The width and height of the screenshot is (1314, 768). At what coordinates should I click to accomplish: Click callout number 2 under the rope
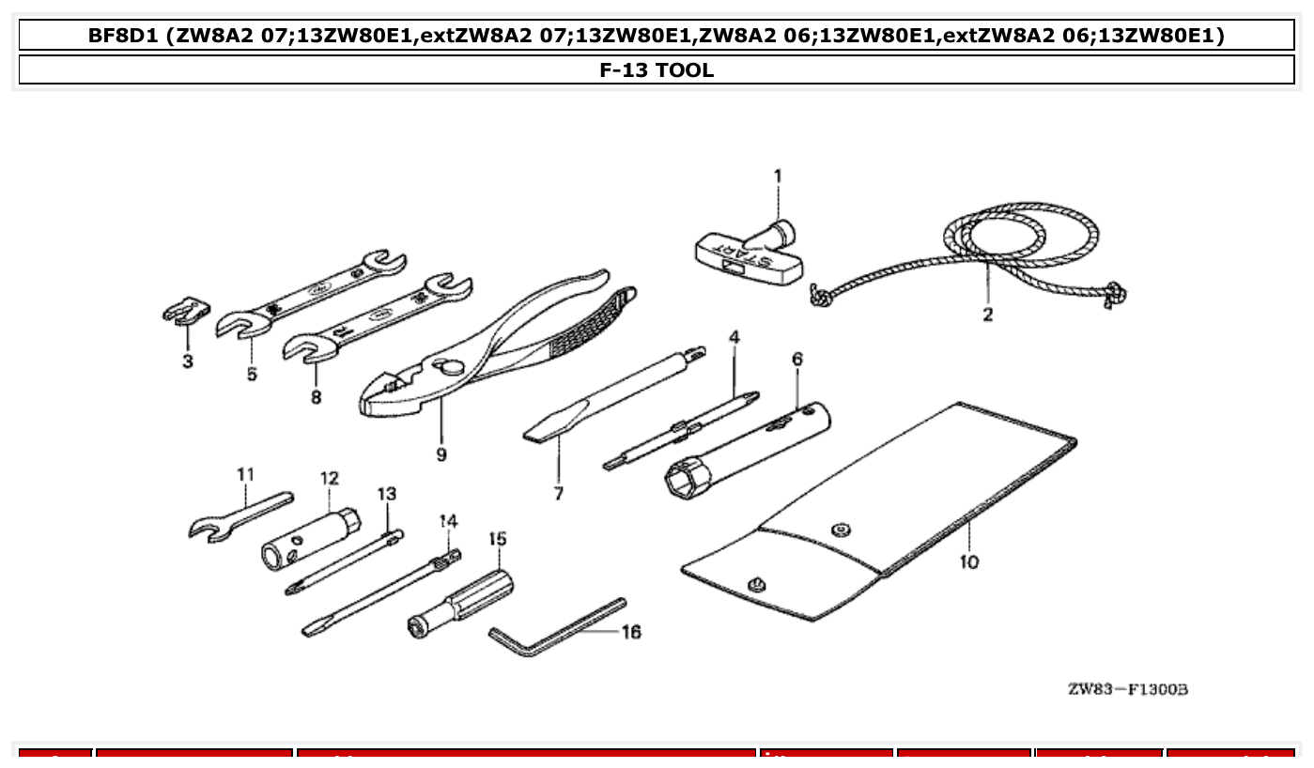point(988,315)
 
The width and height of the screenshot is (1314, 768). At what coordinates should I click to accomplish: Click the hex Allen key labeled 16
point(554,629)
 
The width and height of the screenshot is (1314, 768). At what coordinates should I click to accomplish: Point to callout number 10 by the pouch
point(969,561)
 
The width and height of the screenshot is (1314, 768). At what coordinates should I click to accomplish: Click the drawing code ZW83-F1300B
point(1128,690)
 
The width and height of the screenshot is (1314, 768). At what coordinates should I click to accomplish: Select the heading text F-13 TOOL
point(657,69)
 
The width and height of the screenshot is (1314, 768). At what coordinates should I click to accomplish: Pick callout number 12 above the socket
point(329,478)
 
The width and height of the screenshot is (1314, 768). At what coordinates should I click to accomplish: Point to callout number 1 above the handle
point(778,175)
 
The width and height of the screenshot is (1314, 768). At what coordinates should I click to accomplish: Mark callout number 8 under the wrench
point(316,397)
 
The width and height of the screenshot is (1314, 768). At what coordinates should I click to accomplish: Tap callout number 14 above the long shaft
point(448,520)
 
